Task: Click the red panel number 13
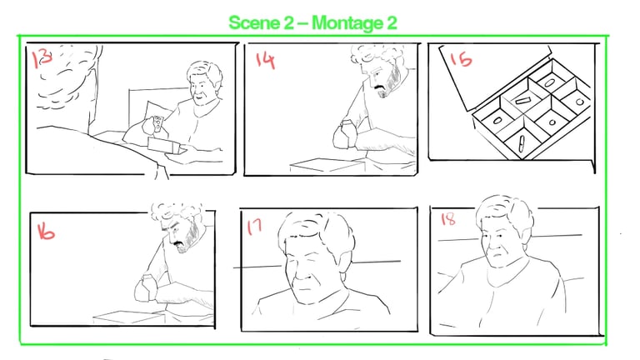pos(42,58)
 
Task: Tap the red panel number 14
pos(265,61)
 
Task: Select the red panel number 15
pos(461,60)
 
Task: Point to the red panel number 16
pos(46,232)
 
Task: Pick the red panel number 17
pos(254,227)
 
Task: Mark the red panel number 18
pos(447,219)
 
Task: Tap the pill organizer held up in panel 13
pos(157,124)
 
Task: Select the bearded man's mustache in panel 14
pos(381,87)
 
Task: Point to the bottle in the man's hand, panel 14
pos(345,131)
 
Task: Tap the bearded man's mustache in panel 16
pos(179,244)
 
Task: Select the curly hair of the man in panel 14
pos(377,54)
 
